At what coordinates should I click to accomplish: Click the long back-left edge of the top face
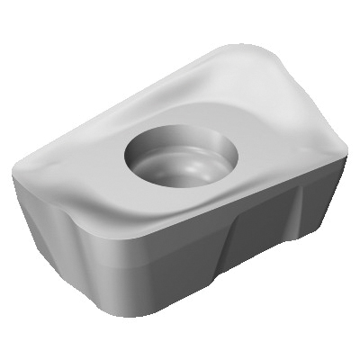coord(108,99)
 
